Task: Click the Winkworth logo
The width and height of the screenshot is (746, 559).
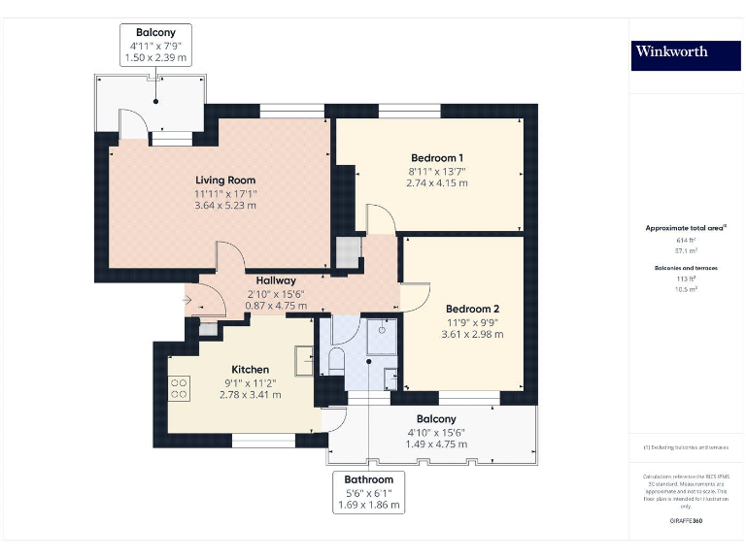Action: [671, 51]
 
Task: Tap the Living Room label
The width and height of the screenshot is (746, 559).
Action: [225, 180]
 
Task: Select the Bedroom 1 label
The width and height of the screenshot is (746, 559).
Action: [436, 158]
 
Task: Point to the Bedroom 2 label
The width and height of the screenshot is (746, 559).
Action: [472, 309]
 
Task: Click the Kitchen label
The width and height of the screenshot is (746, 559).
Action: [250, 370]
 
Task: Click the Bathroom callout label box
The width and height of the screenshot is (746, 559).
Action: [369, 492]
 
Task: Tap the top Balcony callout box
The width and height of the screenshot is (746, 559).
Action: [155, 45]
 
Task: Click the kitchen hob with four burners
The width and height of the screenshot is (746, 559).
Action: [179, 388]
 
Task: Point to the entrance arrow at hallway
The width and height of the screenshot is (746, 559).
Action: [186, 300]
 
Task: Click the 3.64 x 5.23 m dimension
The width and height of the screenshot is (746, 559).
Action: [225, 205]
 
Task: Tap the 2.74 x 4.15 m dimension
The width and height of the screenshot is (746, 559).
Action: [436, 182]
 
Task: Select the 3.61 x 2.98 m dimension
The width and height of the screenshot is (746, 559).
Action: [472, 334]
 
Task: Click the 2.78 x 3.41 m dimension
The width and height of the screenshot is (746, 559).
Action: [250, 394]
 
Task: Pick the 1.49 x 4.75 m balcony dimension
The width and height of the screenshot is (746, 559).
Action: [436, 444]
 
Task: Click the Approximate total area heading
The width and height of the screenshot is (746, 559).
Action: [686, 228]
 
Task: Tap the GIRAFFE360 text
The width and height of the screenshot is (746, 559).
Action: [686, 522]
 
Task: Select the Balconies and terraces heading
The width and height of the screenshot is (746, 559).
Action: [686, 267]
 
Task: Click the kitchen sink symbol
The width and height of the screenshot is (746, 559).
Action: [304, 359]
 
